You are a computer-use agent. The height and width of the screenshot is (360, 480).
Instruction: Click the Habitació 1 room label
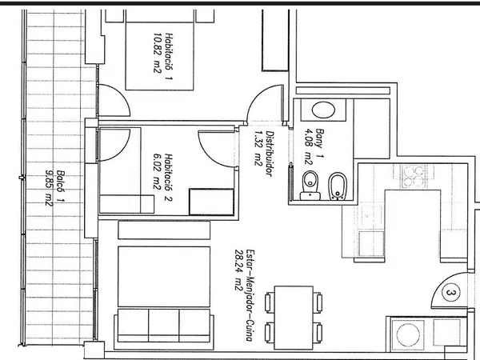169,57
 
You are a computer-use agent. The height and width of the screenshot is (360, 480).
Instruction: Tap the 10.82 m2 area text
157,53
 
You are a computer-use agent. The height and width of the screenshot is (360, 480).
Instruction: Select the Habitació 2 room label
168,178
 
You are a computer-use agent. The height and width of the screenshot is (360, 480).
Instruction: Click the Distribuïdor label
270,154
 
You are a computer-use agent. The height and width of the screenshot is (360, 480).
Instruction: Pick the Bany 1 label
319,143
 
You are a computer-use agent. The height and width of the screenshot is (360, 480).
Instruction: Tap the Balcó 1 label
61,186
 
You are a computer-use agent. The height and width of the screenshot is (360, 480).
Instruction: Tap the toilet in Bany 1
310,186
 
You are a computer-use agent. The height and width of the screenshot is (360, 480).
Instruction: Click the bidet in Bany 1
337,186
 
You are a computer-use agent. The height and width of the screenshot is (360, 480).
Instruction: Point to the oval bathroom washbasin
323,110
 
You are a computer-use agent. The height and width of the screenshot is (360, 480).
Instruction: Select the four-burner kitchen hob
414,176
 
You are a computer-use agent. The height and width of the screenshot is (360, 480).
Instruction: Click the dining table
294,318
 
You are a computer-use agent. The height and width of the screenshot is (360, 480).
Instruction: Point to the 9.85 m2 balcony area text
49,188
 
